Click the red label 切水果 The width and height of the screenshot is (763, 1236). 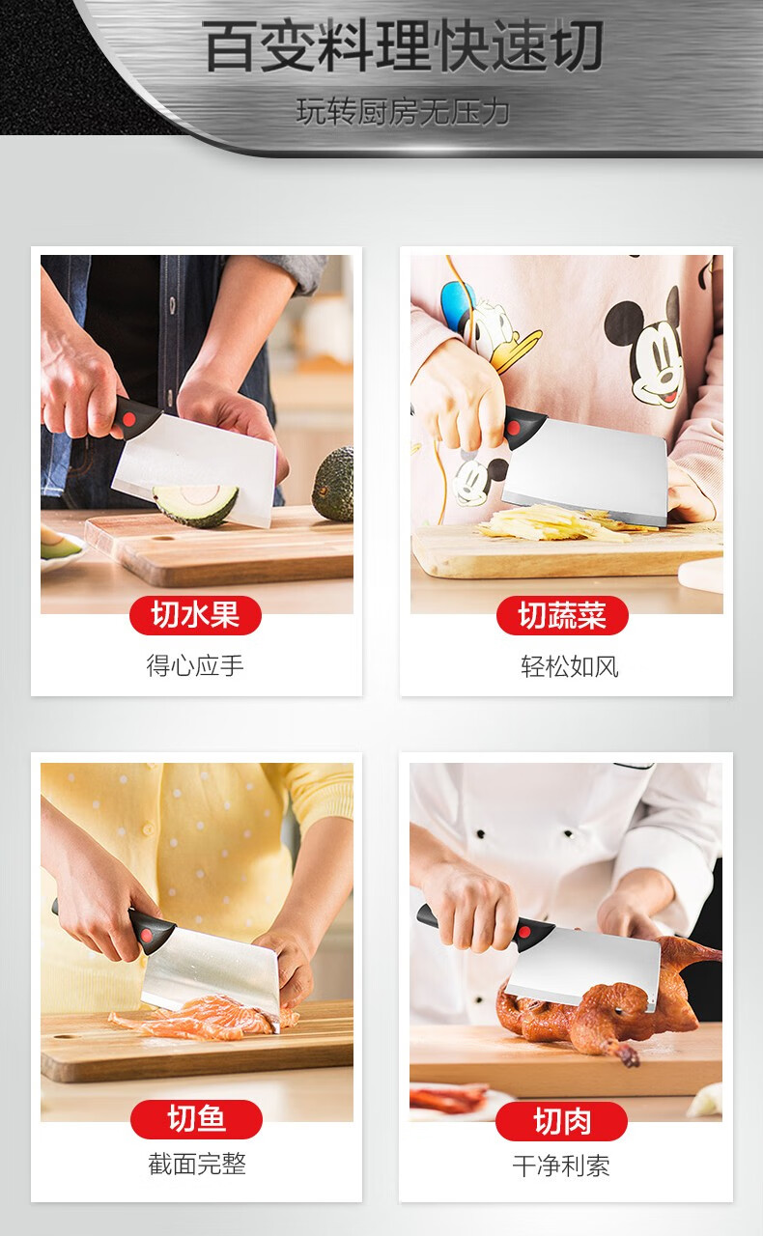(195, 615)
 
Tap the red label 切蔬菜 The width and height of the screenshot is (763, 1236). (562, 615)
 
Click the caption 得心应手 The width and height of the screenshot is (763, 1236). (195, 665)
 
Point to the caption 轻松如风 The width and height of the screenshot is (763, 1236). (569, 666)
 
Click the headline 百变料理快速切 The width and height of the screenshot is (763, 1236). (403, 45)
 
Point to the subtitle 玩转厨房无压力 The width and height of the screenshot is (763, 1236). (403, 111)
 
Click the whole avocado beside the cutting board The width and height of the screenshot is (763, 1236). (333, 484)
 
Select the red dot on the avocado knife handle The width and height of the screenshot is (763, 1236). (129, 420)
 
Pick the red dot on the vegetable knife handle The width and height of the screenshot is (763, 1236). (512, 428)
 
